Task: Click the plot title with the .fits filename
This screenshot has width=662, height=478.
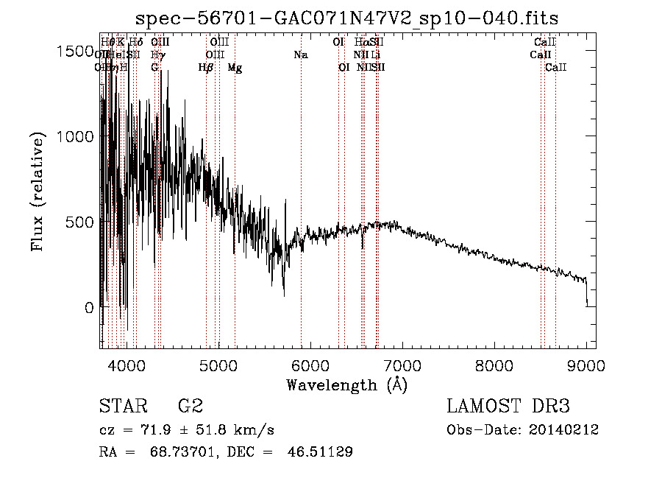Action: (347, 18)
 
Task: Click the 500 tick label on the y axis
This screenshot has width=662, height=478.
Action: (79, 222)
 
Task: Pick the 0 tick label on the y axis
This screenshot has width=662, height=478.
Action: (89, 307)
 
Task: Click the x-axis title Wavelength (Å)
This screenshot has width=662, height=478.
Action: (346, 384)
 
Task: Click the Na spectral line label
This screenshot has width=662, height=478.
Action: (300, 55)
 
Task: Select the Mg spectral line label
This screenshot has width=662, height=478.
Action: (234, 68)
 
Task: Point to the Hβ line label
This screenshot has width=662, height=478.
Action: (206, 68)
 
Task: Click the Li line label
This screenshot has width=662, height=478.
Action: (375, 55)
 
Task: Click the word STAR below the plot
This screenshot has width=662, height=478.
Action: (123, 407)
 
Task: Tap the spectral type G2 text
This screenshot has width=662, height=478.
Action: (191, 407)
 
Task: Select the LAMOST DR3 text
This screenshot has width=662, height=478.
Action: (508, 407)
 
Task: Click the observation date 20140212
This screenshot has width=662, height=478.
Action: (567, 429)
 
